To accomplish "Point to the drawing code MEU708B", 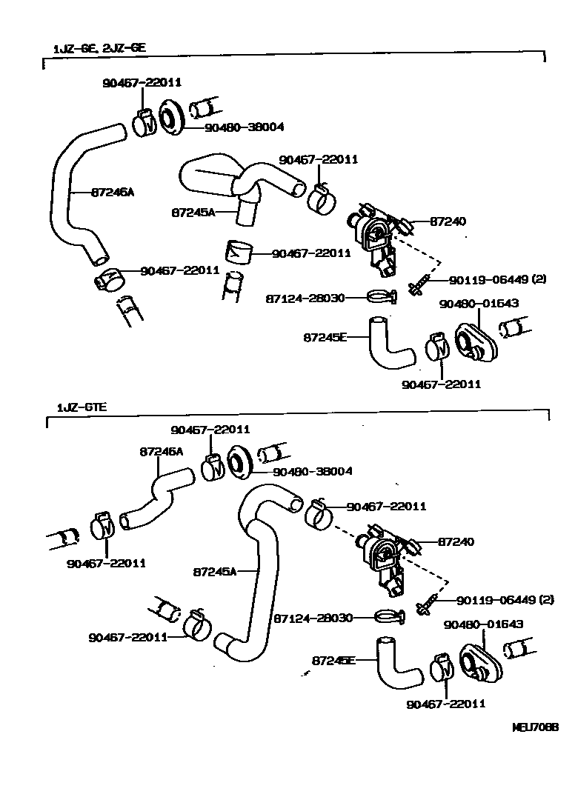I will tap(534, 727).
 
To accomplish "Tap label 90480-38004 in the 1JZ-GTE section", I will tap(312, 471).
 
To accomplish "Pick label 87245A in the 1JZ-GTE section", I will tap(214, 572).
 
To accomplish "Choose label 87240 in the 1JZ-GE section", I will tap(448, 221).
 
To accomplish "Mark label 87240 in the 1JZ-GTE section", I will tap(456, 542).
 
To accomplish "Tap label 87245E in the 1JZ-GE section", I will tap(325, 337).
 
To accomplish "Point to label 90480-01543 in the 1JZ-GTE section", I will tap(483, 624).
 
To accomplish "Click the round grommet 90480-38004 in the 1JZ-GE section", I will tap(171, 116).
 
